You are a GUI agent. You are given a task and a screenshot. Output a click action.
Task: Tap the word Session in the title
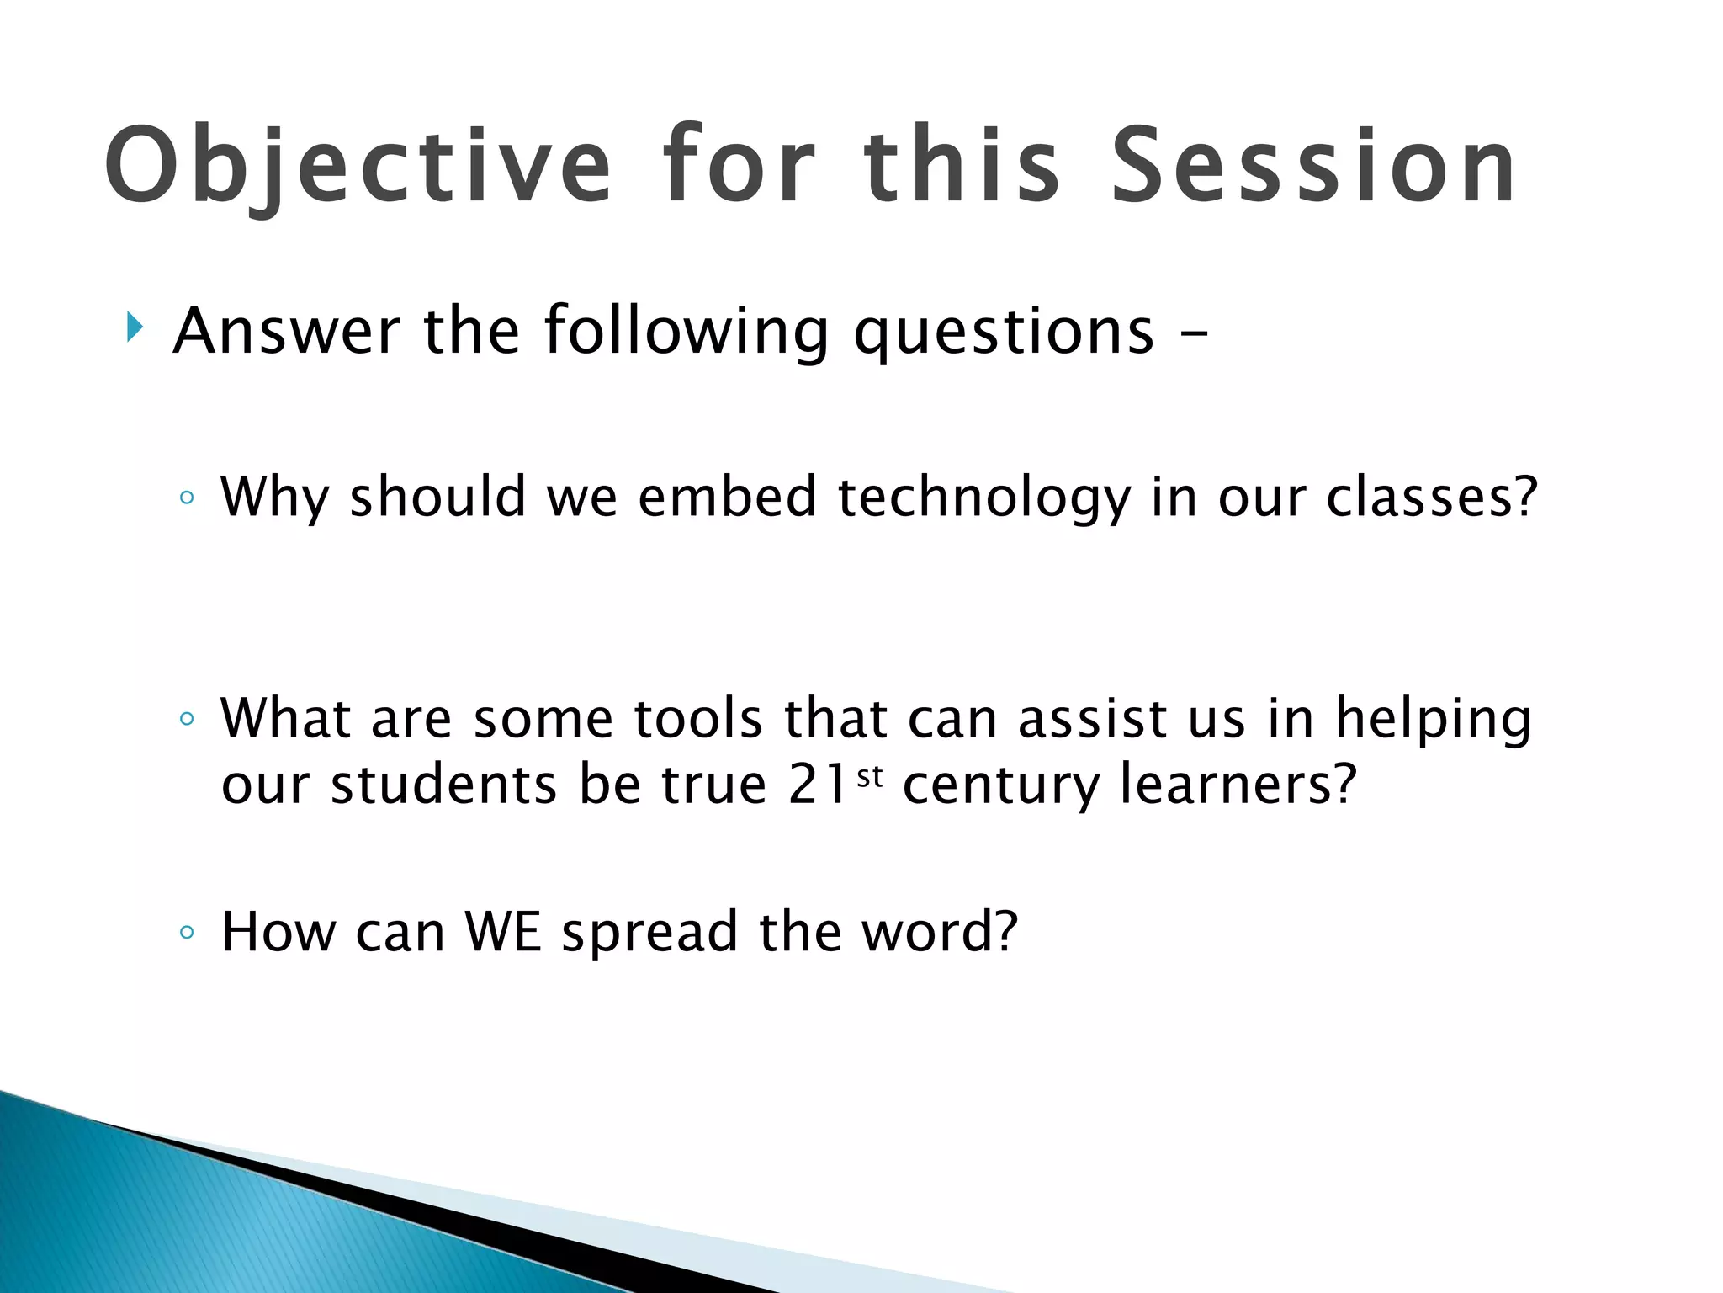click(x=1314, y=165)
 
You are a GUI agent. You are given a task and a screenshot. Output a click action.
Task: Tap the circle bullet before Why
click(x=187, y=498)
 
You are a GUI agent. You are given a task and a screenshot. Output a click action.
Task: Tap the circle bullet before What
click(x=187, y=719)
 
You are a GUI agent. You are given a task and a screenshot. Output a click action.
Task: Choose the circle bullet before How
click(x=187, y=932)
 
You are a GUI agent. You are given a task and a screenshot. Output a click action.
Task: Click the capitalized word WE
click(x=503, y=932)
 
